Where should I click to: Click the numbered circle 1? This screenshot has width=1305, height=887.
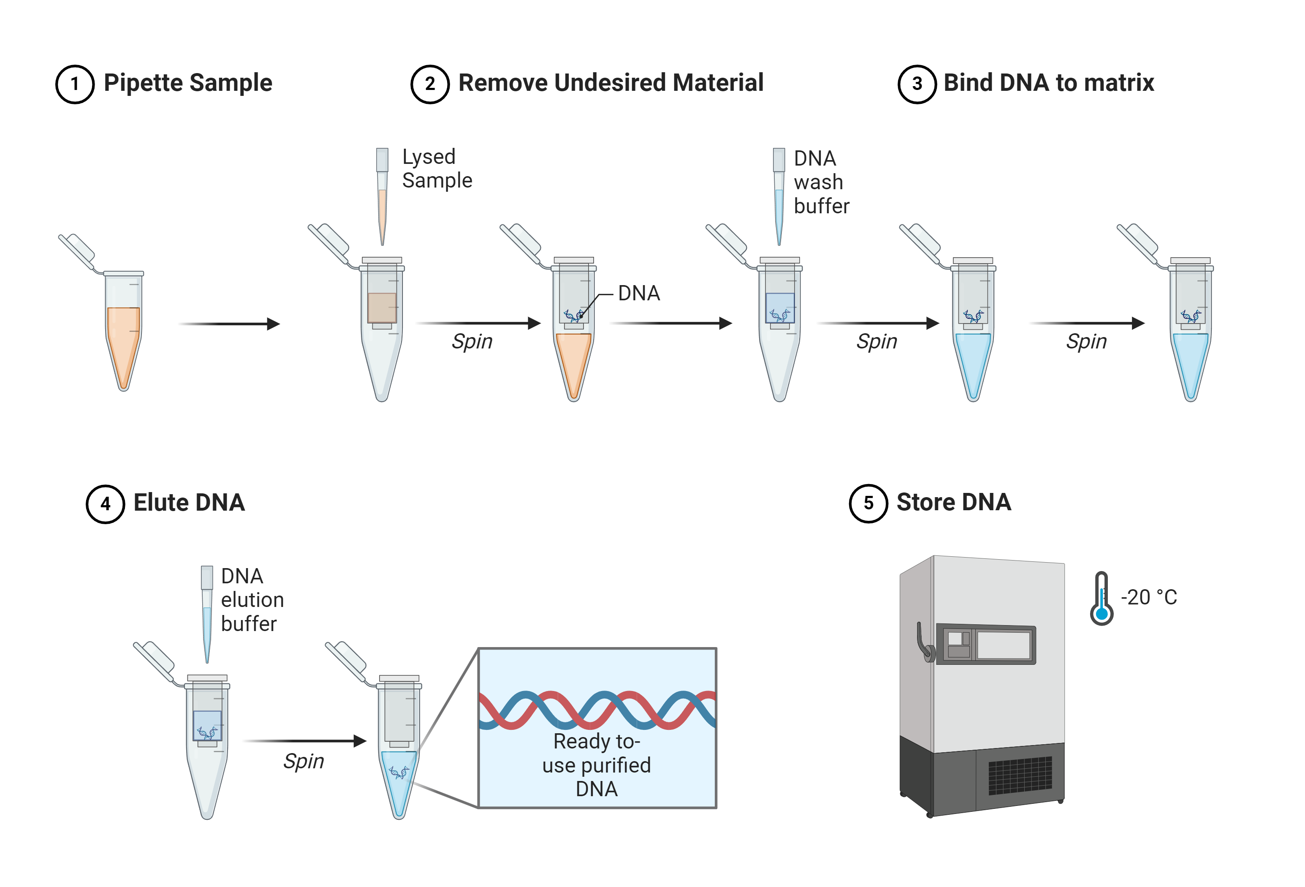(75, 84)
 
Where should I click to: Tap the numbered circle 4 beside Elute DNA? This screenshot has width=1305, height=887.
(105, 504)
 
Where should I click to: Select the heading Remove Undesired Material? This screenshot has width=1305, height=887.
(610, 83)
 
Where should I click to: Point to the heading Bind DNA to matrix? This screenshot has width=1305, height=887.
(1048, 83)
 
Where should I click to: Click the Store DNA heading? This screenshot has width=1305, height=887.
(953, 502)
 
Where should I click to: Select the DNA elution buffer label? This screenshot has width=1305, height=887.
(252, 600)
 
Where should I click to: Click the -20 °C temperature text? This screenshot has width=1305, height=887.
(1148, 597)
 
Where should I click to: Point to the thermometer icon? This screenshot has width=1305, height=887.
(1101, 599)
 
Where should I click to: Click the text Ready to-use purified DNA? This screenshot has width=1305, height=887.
(596, 765)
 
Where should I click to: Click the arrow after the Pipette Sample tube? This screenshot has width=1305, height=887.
(229, 324)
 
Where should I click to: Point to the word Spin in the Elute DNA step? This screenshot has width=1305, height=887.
(303, 761)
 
